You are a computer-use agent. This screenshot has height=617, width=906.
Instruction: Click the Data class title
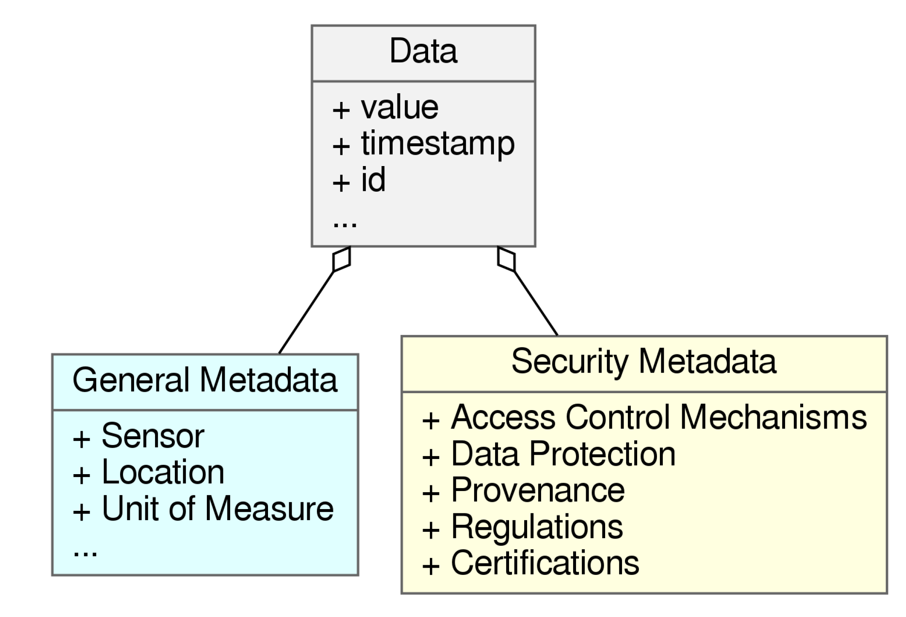point(423,51)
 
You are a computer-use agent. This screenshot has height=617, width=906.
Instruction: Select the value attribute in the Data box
point(399,108)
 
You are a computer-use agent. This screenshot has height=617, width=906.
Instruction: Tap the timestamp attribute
point(437,144)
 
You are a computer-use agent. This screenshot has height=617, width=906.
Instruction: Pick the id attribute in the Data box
point(373,180)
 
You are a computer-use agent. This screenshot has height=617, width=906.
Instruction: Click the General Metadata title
point(205,381)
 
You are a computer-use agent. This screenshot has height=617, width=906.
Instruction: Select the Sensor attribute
point(153,436)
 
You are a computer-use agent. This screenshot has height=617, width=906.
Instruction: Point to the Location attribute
point(163,472)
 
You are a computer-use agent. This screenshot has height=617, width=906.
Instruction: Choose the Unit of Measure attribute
point(217,509)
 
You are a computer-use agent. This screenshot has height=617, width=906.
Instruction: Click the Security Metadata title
point(643,362)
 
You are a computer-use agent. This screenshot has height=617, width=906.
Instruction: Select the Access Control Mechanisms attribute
point(659,418)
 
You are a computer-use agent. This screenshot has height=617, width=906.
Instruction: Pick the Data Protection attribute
point(563,454)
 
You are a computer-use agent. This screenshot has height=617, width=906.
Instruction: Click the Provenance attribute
point(538,491)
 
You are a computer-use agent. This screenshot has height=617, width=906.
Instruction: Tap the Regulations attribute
point(537,527)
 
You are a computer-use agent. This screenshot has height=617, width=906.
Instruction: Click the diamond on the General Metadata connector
point(341,259)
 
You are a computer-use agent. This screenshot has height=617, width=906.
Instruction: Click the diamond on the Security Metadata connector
point(506,259)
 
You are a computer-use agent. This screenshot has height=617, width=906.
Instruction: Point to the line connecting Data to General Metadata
point(307,312)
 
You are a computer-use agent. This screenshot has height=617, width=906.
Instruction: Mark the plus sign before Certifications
point(431,566)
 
